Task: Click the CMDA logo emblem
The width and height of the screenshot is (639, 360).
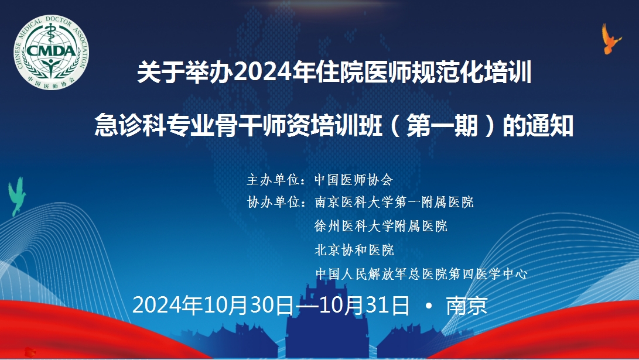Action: click(51, 53)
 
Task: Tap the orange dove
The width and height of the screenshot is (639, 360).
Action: click(611, 39)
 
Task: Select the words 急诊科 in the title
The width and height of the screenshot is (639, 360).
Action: click(130, 125)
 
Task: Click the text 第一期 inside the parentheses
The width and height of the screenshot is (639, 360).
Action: click(442, 125)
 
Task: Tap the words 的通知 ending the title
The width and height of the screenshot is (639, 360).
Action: click(538, 125)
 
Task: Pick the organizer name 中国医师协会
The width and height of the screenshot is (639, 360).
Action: click(354, 180)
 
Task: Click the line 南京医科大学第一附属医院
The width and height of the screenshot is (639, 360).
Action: click(394, 202)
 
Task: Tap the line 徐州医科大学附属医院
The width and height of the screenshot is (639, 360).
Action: click(381, 225)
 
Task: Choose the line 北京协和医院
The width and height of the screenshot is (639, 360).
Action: click(354, 249)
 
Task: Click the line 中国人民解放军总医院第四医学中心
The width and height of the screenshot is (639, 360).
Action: click(421, 274)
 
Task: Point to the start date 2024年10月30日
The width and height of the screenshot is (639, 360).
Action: click(213, 306)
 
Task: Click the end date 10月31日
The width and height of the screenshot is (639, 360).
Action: click(364, 306)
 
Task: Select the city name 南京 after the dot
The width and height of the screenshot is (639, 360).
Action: click(467, 306)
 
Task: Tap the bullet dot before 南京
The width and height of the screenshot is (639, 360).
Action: click(428, 305)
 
